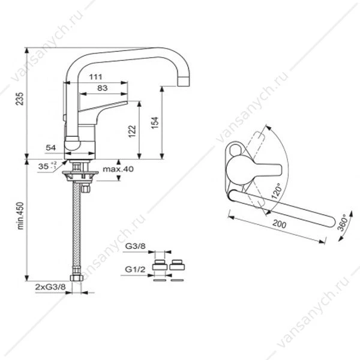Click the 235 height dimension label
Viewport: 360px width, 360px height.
(20, 99)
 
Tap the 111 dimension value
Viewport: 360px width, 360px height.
(96, 77)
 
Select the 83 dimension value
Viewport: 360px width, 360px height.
(103, 88)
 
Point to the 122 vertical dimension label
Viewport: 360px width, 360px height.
(132, 131)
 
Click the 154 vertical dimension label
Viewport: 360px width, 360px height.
(155, 123)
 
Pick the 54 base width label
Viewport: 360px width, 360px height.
(51, 148)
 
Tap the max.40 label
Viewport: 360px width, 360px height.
(118, 169)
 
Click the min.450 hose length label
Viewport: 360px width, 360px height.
(20, 216)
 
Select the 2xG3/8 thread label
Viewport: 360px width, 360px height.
(50, 287)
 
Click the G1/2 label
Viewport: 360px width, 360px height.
(135, 269)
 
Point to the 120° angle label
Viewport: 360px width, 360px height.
(276, 191)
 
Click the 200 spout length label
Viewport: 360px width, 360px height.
(279, 224)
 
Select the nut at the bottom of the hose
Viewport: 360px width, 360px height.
(76, 278)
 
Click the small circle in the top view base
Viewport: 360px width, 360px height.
(235, 149)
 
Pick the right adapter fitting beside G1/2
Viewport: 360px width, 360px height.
(177, 265)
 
